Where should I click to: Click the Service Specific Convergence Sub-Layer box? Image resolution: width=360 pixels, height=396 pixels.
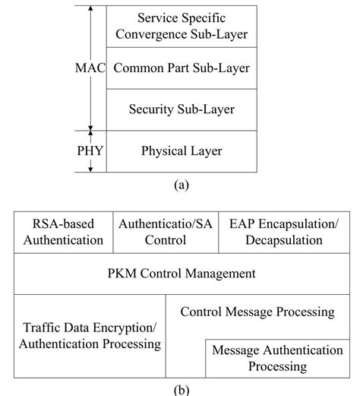coord(182,25)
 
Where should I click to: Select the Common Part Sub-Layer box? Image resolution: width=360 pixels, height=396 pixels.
coord(182,68)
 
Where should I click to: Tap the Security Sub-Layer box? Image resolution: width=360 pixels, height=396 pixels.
coord(182,109)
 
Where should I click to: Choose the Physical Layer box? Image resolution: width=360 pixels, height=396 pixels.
coord(182,150)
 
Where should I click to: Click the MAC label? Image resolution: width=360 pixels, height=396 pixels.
coord(90,68)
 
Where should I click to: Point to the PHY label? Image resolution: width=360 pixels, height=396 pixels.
coord(90,150)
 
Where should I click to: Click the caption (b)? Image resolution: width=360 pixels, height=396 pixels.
coord(181,388)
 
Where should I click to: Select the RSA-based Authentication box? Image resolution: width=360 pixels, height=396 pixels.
coord(63,233)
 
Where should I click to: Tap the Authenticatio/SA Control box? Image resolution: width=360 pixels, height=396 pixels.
coord(165,233)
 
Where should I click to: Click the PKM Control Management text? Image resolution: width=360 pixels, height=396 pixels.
coord(180,273)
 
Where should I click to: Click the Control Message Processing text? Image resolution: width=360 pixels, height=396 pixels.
coord(257,312)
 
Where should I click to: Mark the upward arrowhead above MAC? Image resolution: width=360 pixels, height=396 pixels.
coord(91,9)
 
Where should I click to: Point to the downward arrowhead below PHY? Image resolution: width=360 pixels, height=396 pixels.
coord(91,168)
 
